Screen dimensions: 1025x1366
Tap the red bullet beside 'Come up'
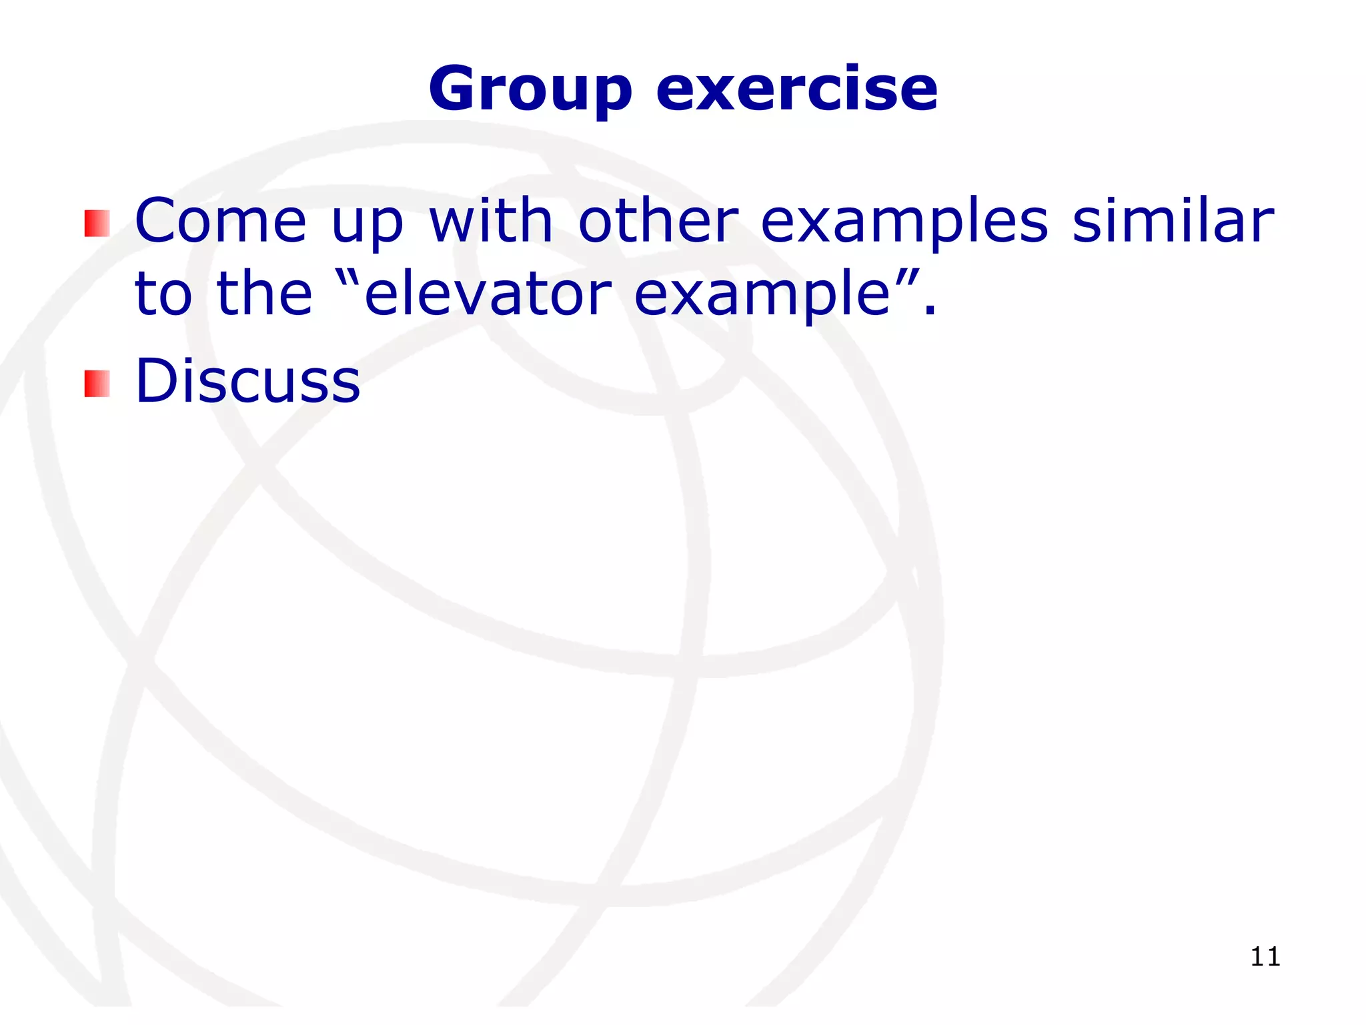click(x=97, y=223)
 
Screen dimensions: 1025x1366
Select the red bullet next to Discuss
click(x=97, y=384)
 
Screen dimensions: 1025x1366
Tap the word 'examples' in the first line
click(x=904, y=224)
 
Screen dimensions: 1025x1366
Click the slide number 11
click(x=1265, y=957)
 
